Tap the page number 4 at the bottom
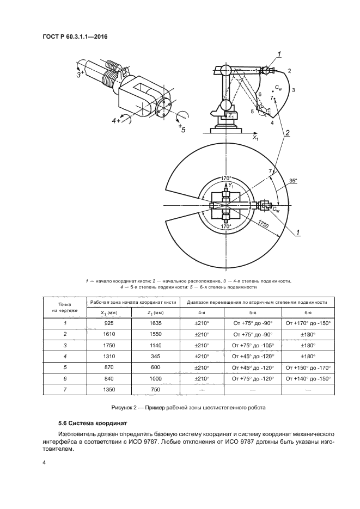click(x=45, y=462)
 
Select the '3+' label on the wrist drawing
click(x=80, y=74)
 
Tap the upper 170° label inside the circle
click(x=225, y=178)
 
